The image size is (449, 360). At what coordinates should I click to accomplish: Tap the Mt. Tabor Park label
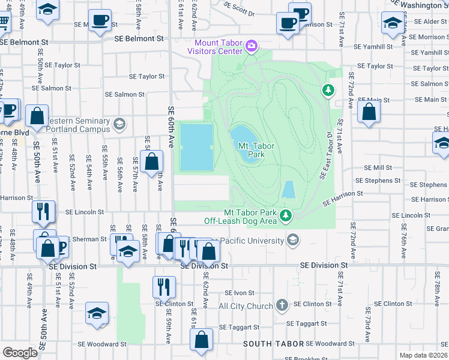pos(252,150)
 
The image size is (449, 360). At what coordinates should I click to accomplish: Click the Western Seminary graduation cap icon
pos(119,124)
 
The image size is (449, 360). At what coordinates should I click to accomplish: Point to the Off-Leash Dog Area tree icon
pos(287,214)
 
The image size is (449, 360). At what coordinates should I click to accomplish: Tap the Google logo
pos(20,353)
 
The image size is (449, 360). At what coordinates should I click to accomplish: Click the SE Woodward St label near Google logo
pos(102,344)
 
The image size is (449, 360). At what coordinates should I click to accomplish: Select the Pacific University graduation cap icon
pos(292,241)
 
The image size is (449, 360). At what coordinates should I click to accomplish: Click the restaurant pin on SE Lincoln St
pos(44,211)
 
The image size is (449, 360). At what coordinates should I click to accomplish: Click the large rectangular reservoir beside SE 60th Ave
pos(196,147)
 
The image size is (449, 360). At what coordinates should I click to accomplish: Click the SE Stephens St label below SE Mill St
pos(378,180)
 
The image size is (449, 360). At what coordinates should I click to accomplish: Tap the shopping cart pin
pos(3,22)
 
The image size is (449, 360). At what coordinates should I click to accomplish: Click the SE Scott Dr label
pos(239,8)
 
